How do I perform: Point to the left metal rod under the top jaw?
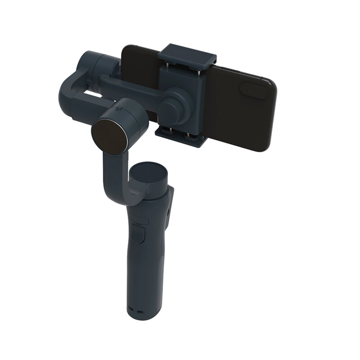coord(166,66)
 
